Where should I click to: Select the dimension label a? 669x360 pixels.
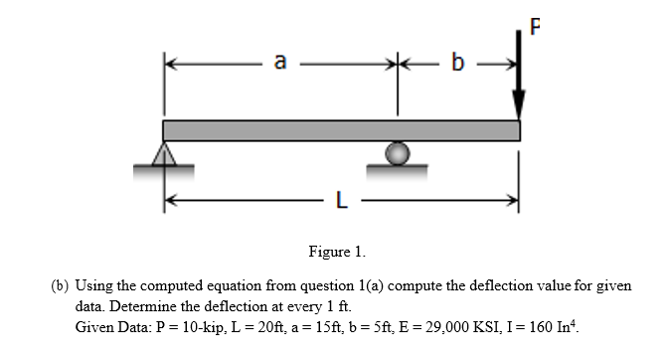(x=280, y=63)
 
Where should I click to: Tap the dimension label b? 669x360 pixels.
(x=457, y=64)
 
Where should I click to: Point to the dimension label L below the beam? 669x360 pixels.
(x=340, y=204)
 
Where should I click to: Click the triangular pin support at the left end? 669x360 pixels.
(x=166, y=153)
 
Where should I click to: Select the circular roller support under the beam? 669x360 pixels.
(x=397, y=153)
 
